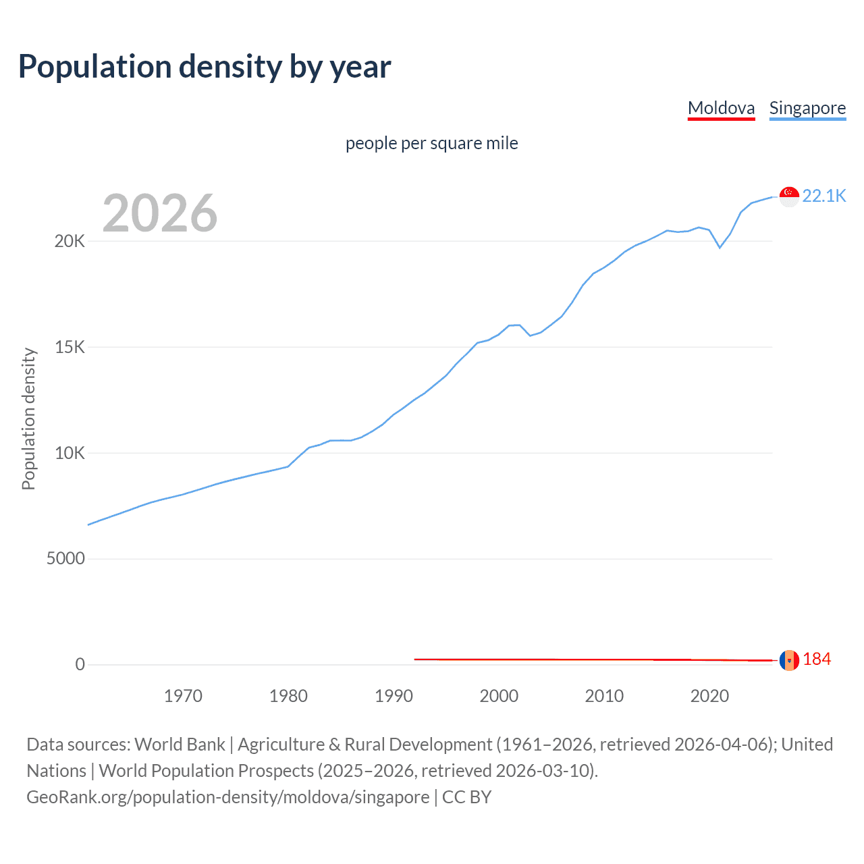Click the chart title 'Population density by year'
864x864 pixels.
[205, 67]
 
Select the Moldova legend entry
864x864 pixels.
[721, 108]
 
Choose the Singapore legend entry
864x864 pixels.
[807, 108]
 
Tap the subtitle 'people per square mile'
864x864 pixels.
[431, 143]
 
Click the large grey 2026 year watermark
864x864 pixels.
[160, 213]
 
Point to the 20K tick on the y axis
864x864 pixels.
[70, 241]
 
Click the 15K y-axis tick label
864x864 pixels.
[70, 347]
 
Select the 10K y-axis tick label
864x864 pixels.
[70, 453]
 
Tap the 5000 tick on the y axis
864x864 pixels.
[65, 558]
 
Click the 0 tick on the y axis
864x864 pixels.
[80, 664]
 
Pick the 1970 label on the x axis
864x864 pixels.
[183, 696]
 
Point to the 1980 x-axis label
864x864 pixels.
[288, 696]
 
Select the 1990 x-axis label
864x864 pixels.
[394, 696]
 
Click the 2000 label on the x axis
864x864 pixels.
[499, 696]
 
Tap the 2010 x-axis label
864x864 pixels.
[604, 696]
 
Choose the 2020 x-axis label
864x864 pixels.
[709, 696]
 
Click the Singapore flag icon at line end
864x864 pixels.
[789, 196]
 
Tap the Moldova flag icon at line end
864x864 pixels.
[789, 660]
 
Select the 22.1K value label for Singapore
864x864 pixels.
[823, 196]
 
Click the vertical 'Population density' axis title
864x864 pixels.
[28, 418]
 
